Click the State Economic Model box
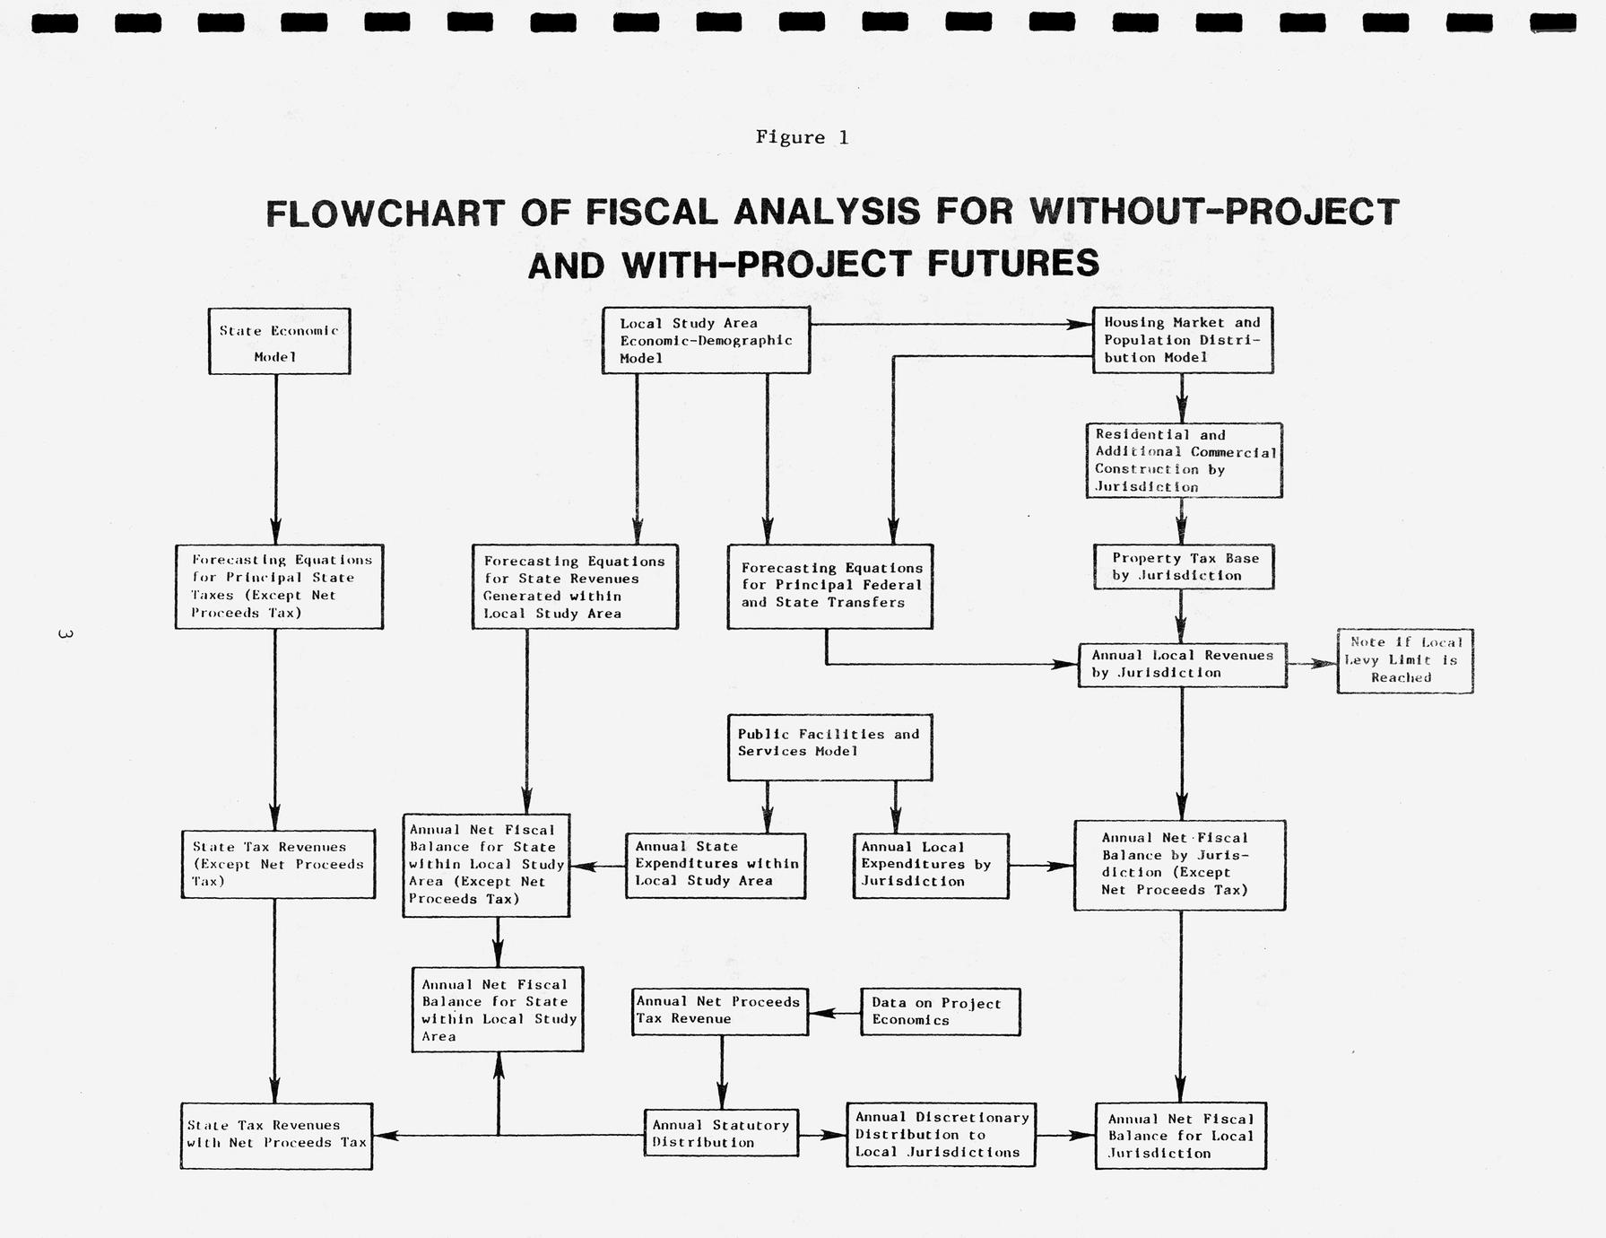click(x=279, y=342)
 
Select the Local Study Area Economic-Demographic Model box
click(x=706, y=340)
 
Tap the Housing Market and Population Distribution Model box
click(x=1182, y=340)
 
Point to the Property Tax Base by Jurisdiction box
click(x=1184, y=567)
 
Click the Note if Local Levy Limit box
click(x=1404, y=660)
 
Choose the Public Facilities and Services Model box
click(x=829, y=747)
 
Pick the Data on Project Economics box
click(x=940, y=1011)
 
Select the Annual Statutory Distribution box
click(x=721, y=1133)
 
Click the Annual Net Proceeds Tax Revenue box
click(x=719, y=1011)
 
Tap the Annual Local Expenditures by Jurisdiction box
click(x=930, y=865)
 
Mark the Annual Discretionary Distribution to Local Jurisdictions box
click(x=941, y=1135)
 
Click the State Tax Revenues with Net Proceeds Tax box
click(x=276, y=1135)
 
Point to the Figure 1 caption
click(x=802, y=137)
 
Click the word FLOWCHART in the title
click(x=387, y=214)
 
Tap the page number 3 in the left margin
click(x=65, y=634)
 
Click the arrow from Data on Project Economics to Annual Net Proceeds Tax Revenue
click(x=834, y=1013)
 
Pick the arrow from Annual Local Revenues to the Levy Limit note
click(x=1311, y=664)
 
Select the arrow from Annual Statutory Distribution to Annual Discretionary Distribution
click(x=822, y=1135)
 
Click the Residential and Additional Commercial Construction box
click(x=1184, y=460)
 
